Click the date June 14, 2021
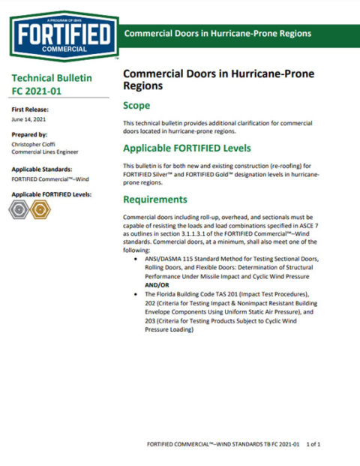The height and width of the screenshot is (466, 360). (x=28, y=119)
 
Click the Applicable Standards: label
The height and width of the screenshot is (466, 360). (x=42, y=170)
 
